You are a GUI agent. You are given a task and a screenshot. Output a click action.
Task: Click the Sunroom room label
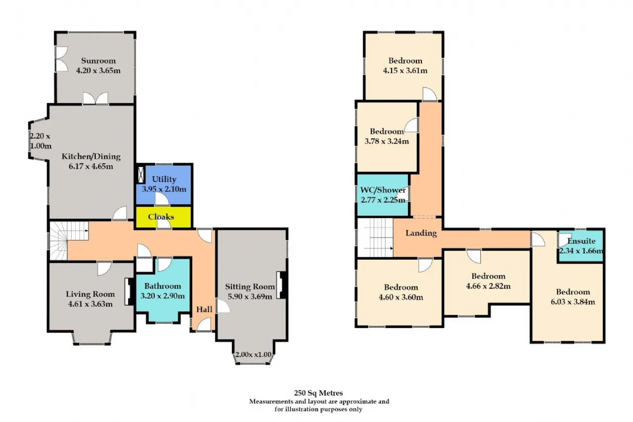[x=98, y=61]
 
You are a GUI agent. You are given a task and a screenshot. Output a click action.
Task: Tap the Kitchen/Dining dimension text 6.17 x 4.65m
[x=91, y=166]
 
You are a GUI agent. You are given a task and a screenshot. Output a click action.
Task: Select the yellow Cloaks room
[x=161, y=217]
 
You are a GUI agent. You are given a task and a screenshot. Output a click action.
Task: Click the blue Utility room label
[x=164, y=179]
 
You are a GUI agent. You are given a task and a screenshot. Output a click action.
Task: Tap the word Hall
[x=204, y=310]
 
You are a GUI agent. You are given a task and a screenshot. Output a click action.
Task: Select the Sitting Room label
[x=250, y=286]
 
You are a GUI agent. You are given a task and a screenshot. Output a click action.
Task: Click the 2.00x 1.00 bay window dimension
[x=253, y=354]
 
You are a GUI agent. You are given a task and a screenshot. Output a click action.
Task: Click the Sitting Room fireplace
[x=282, y=285]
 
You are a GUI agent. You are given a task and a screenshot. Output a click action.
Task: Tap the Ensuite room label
[x=581, y=242]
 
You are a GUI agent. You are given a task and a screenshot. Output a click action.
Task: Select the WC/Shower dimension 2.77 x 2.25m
[x=383, y=200]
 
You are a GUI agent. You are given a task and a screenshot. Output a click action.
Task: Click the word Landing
[x=421, y=233]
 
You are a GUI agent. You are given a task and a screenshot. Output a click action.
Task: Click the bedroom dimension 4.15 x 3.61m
[x=405, y=70]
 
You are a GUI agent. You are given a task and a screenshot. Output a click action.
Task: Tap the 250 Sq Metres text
[x=318, y=393]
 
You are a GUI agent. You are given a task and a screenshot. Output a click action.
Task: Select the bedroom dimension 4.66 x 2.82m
[x=488, y=285]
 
